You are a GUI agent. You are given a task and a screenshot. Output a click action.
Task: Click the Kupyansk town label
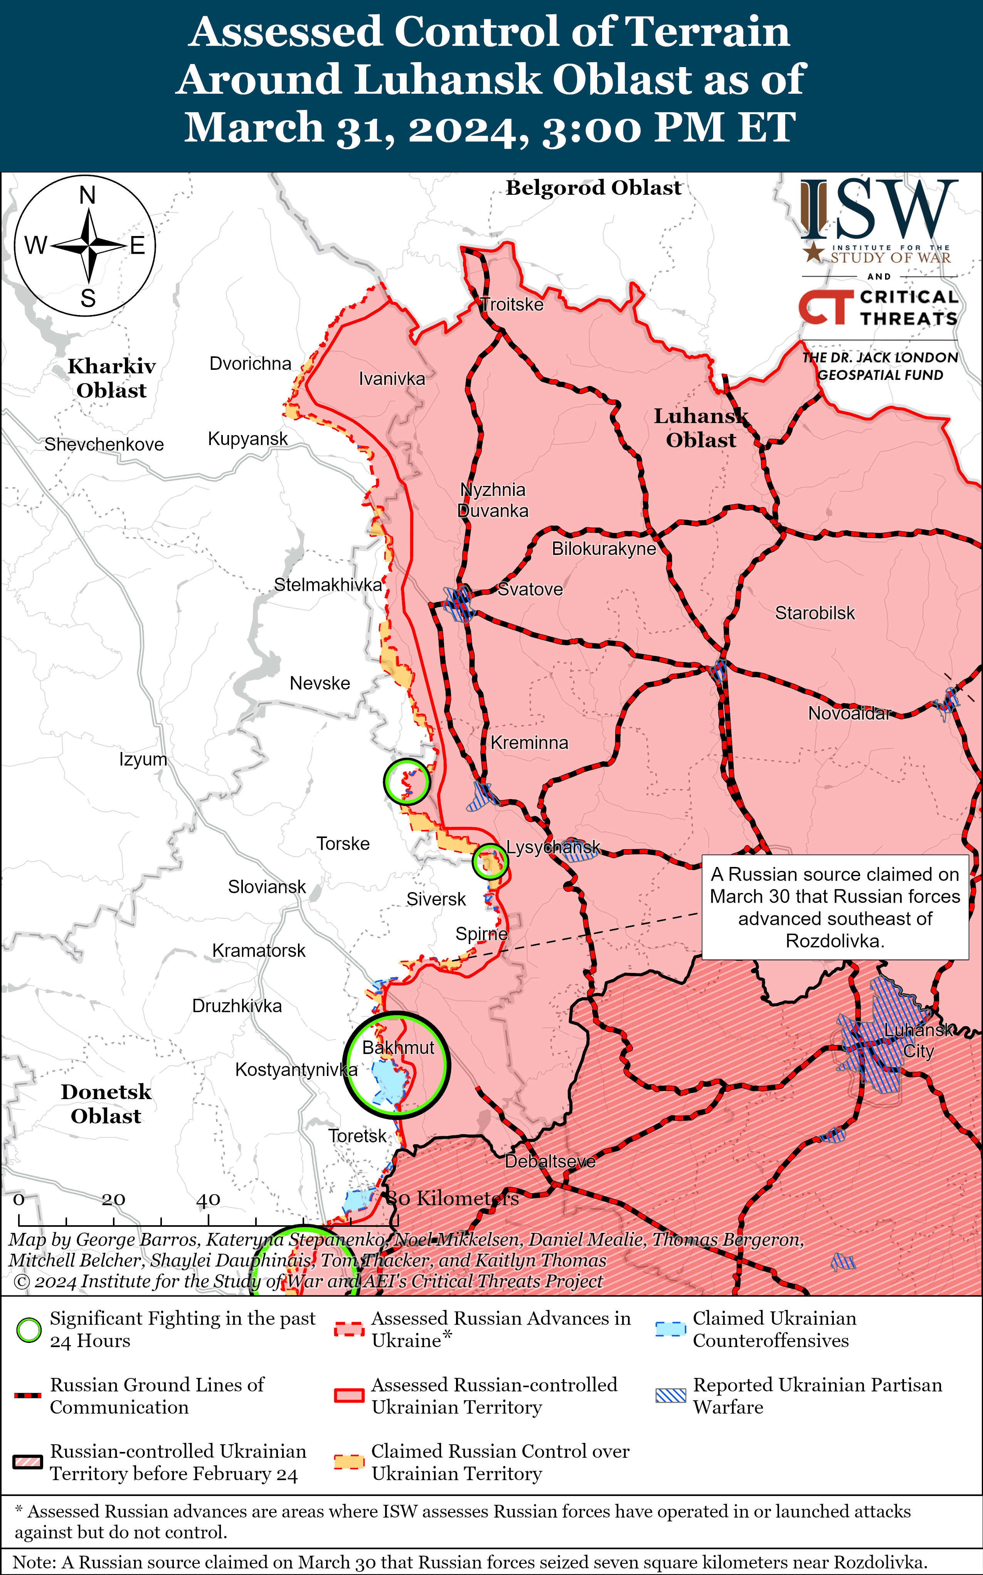click(248, 439)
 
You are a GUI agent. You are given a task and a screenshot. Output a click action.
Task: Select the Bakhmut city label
click(398, 1047)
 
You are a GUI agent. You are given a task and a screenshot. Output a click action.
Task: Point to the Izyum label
click(143, 759)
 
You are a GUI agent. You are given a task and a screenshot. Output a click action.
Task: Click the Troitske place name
click(512, 304)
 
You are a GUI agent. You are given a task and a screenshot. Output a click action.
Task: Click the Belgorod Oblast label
click(594, 187)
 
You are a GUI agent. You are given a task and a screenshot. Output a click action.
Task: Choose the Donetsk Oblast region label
click(106, 1103)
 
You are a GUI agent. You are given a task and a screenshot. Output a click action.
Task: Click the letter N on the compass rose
click(87, 195)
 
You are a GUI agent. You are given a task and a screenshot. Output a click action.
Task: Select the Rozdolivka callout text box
click(835, 907)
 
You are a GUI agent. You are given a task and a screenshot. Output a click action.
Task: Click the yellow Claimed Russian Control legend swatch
click(348, 1462)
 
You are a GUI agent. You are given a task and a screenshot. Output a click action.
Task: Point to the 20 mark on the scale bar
click(113, 1199)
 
